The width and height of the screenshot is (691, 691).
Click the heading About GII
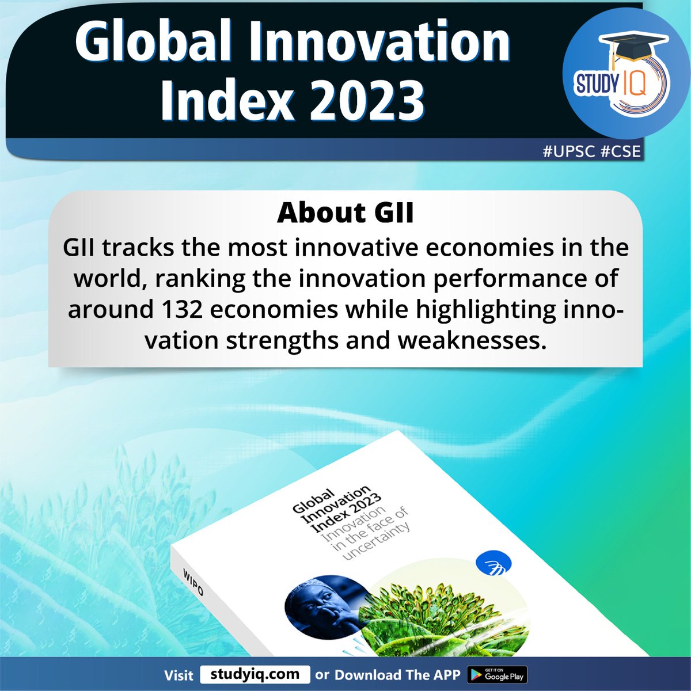(345, 213)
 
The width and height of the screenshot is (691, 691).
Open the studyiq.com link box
(255, 674)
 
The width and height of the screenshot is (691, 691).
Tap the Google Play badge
(497, 674)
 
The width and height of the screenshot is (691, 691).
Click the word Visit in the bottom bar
(179, 675)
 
